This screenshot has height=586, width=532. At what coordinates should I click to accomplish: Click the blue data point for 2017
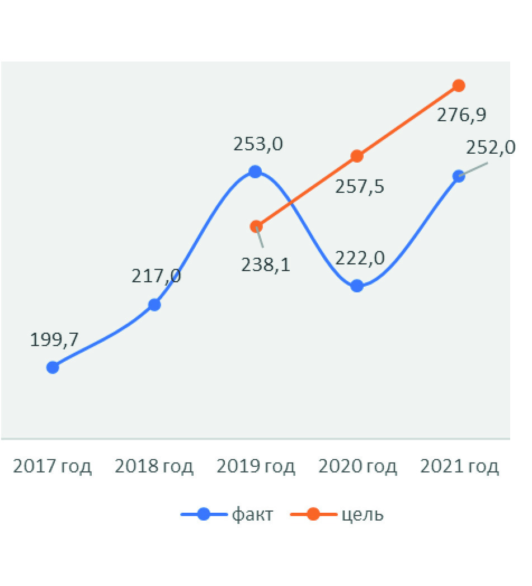tap(53, 367)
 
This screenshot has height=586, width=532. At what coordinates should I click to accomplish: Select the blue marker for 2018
tap(155, 305)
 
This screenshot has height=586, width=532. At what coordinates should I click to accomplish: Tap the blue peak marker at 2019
tap(255, 172)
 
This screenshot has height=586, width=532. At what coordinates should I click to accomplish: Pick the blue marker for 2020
tap(357, 287)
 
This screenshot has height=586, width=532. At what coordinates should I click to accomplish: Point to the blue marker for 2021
tap(459, 176)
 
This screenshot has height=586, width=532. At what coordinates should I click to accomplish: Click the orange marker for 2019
tap(256, 226)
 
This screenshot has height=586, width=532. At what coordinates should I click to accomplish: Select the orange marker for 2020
tap(357, 156)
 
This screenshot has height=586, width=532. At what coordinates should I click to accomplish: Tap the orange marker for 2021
tap(459, 86)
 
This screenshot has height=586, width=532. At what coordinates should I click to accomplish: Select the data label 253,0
tap(258, 144)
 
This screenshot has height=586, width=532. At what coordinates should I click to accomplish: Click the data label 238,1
tap(266, 264)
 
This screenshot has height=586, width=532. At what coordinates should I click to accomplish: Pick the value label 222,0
tap(360, 258)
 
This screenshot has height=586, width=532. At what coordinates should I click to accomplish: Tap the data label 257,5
tap(360, 186)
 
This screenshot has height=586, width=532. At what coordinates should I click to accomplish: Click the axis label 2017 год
tap(52, 466)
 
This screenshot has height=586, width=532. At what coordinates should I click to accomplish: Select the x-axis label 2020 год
tap(358, 466)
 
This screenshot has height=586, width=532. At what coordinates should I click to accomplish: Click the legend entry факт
tap(252, 514)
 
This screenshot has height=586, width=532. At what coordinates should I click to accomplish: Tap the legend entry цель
tap(362, 514)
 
